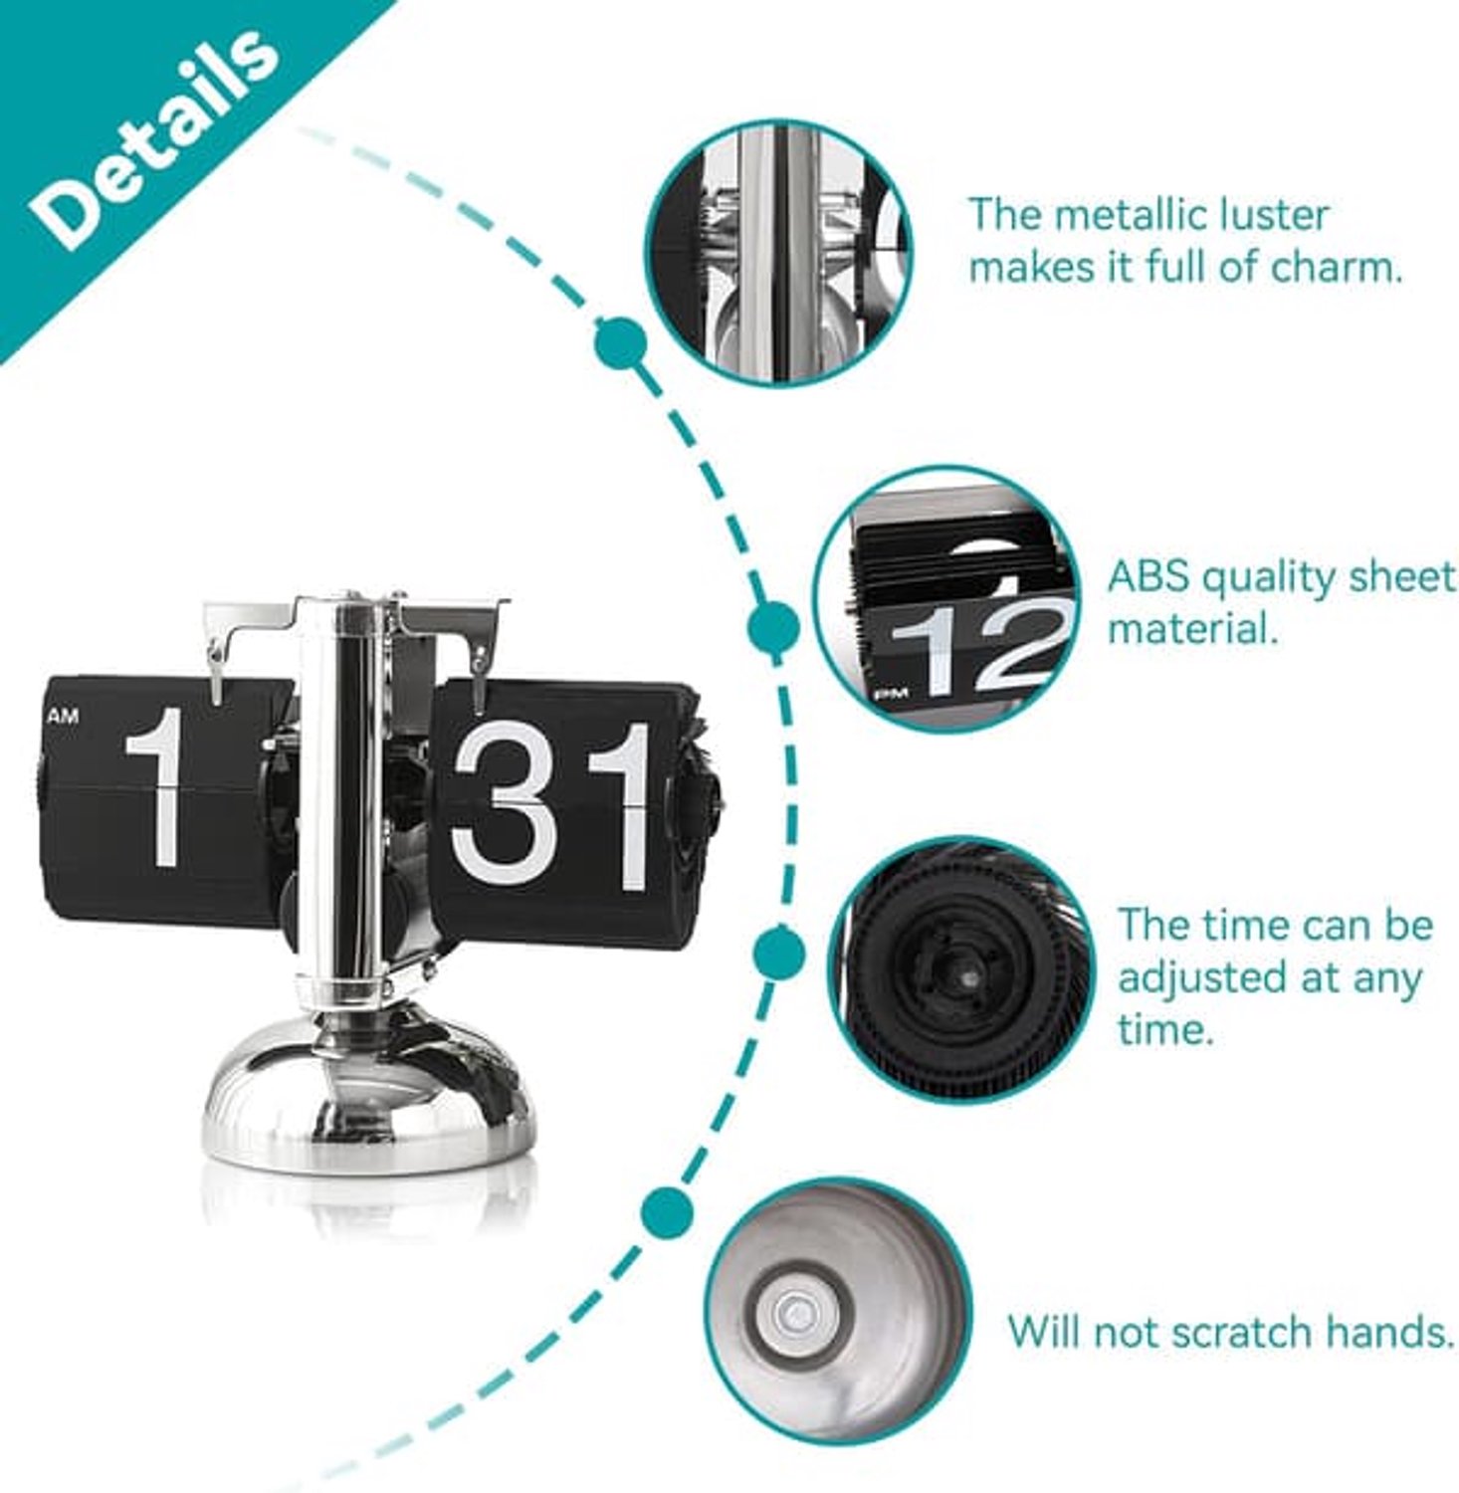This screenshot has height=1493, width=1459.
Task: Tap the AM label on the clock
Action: tap(62, 716)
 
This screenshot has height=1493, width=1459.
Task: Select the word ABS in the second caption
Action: tap(1147, 577)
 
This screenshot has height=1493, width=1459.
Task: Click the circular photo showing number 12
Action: tap(949, 600)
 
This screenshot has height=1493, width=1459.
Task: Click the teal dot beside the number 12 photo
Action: tap(773, 626)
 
